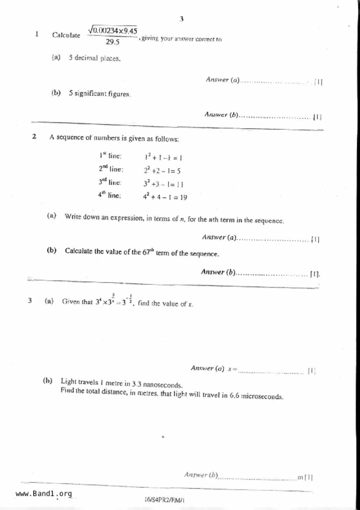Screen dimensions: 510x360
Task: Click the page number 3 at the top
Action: pyautogui.click(x=181, y=19)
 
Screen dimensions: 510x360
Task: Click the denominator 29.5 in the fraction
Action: pyautogui.click(x=112, y=42)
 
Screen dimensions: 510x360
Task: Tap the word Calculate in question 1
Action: pyautogui.click(x=66, y=35)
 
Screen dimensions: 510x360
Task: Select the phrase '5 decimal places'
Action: pyautogui.click(x=94, y=58)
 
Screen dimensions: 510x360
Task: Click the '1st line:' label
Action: pyautogui.click(x=110, y=156)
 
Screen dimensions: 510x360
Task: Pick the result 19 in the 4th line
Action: pyautogui.click(x=183, y=197)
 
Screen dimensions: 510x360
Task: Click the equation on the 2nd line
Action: pyautogui.click(x=162, y=171)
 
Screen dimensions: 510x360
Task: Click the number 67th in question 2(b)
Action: pyautogui.click(x=148, y=252)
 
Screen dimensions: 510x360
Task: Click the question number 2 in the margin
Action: pyautogui.click(x=34, y=136)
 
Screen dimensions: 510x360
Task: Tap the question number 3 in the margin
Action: pyautogui.click(x=30, y=300)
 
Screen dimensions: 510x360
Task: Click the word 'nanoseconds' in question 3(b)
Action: pyautogui.click(x=163, y=385)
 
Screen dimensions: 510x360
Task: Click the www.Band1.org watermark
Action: pyautogui.click(x=44, y=493)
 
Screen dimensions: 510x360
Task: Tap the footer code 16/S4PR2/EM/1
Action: pyautogui.click(x=164, y=500)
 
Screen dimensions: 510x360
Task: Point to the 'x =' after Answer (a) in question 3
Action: pyautogui.click(x=232, y=369)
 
